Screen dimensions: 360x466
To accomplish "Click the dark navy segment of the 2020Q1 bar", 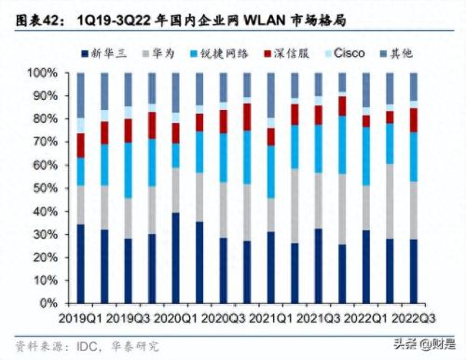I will [176, 257].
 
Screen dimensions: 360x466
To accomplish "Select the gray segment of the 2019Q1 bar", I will [81, 204].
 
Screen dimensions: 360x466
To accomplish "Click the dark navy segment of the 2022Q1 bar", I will [366, 266].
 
